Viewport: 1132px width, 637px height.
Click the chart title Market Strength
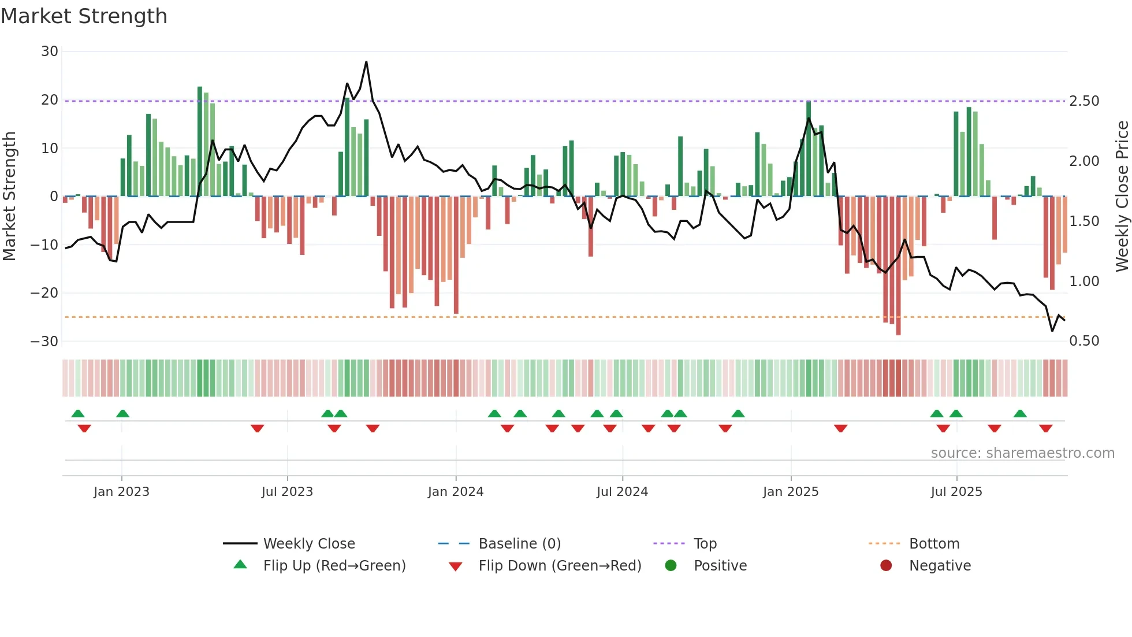(x=84, y=16)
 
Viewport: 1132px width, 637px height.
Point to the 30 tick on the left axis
(x=50, y=51)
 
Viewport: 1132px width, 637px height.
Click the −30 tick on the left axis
(x=44, y=341)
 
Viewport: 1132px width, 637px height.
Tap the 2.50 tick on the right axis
(x=1084, y=101)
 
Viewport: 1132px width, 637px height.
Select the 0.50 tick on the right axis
(x=1084, y=341)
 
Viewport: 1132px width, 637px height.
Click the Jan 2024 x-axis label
(x=456, y=492)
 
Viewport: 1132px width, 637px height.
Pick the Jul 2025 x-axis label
(x=956, y=492)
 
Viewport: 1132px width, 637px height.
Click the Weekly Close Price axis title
(x=1122, y=197)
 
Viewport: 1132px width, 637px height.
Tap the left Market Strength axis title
(x=10, y=197)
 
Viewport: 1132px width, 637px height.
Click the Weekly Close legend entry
(x=309, y=544)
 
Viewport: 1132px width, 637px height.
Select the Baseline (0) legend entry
(x=519, y=544)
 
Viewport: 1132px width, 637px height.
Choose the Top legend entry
(x=705, y=544)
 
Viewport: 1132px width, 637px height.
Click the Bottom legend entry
(x=934, y=544)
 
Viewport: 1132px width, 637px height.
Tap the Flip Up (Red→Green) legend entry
(x=334, y=566)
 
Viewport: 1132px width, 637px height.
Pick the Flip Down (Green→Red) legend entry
(x=560, y=566)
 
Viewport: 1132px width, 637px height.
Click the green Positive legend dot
(x=671, y=566)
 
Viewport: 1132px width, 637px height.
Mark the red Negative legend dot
(x=886, y=566)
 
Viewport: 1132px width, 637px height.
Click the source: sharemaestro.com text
(x=1022, y=453)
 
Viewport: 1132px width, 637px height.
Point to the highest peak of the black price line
(x=366, y=62)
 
